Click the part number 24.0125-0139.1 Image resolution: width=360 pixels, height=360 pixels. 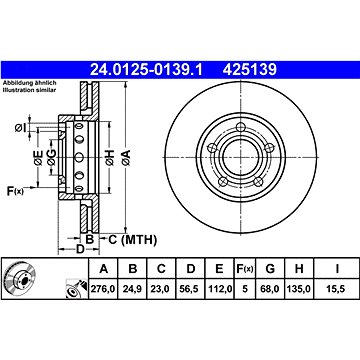(x=146, y=70)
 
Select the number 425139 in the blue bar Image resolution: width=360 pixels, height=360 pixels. (x=250, y=70)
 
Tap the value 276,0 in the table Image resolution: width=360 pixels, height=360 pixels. (x=103, y=289)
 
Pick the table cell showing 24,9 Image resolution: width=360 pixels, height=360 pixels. (x=133, y=289)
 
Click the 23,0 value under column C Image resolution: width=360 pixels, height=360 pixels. (x=161, y=289)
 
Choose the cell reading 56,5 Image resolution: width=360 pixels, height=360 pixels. (x=190, y=289)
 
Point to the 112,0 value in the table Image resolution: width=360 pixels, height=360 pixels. (x=219, y=289)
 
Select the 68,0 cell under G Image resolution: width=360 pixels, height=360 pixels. (x=270, y=289)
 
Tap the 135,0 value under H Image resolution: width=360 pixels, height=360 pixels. (x=299, y=289)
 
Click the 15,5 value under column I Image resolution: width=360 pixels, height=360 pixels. (x=337, y=289)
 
